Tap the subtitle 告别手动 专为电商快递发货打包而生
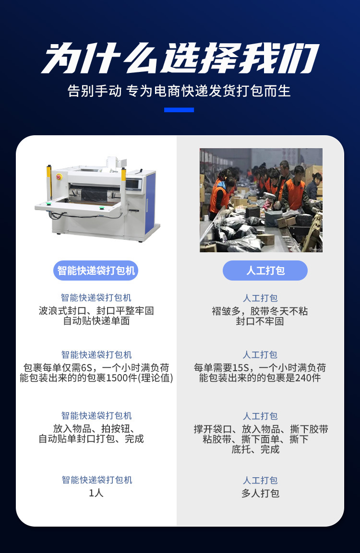click(x=180, y=91)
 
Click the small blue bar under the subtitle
click(x=179, y=110)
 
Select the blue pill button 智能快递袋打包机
click(x=96, y=271)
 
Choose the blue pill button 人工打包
click(x=265, y=271)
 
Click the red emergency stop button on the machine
click(x=59, y=176)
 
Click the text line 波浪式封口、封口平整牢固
click(x=96, y=311)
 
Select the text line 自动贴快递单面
click(x=96, y=321)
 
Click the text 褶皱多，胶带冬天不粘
click(x=260, y=311)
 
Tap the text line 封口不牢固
click(x=260, y=321)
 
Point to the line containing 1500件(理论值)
click(x=96, y=378)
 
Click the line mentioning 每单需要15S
click(x=260, y=368)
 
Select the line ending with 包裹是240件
click(x=260, y=378)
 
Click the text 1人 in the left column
click(x=96, y=493)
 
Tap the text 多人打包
click(x=260, y=493)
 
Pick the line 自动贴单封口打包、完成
click(x=91, y=439)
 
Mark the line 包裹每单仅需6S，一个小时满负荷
click(x=96, y=368)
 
